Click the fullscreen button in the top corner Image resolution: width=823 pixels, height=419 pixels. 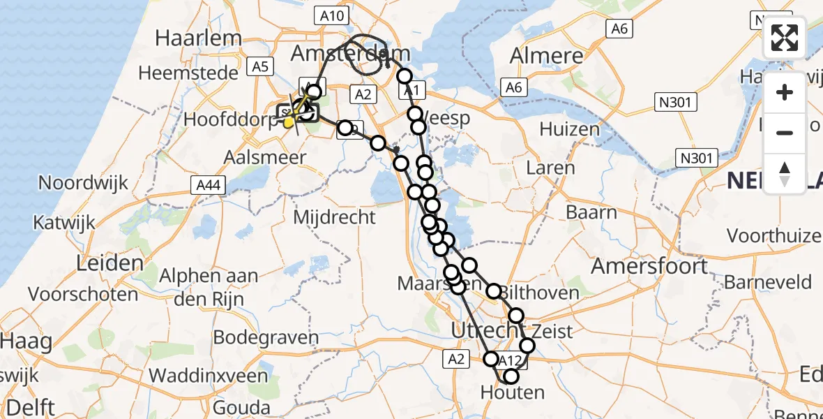(x=785, y=38)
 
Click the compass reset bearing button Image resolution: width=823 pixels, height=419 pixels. (x=785, y=173)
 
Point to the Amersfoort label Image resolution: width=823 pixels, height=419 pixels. (x=649, y=266)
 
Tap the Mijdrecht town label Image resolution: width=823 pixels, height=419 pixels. (x=334, y=217)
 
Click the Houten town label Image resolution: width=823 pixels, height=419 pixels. (x=513, y=392)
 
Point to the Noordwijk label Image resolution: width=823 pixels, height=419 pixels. (x=84, y=183)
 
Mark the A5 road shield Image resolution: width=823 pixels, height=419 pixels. (x=261, y=67)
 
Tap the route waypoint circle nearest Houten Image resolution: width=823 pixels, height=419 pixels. (x=511, y=377)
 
